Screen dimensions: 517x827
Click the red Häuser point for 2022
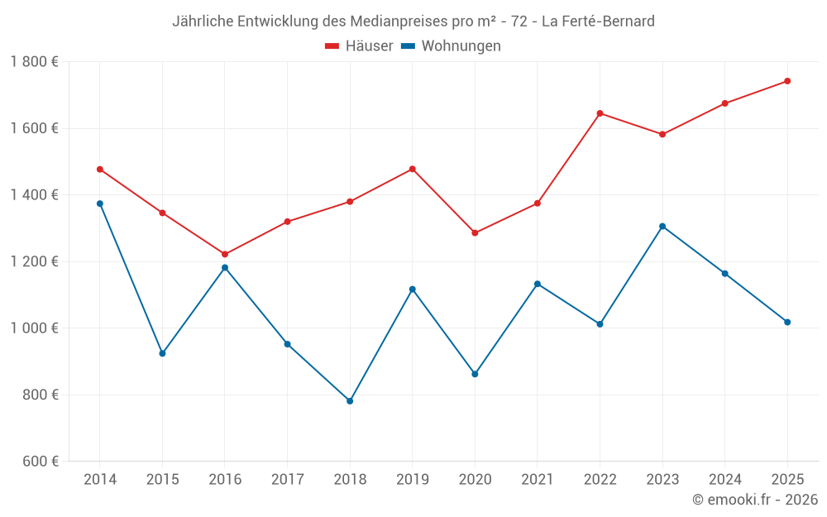pyautogui.click(x=600, y=113)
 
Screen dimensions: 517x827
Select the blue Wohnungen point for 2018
pyautogui.click(x=350, y=401)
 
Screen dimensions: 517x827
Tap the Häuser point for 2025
pyautogui.click(x=787, y=81)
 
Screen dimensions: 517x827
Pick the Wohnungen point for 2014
pyautogui.click(x=100, y=203)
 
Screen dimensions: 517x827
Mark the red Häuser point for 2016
pyautogui.click(x=225, y=254)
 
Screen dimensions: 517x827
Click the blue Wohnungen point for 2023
pyautogui.click(x=662, y=226)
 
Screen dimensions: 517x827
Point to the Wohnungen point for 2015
pyautogui.click(x=162, y=353)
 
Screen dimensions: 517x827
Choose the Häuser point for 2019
pyautogui.click(x=413, y=169)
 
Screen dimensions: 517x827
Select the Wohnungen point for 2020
pyautogui.click(x=475, y=374)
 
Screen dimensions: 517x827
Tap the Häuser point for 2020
pyautogui.click(x=475, y=233)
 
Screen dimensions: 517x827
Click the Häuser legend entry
pyautogui.click(x=359, y=46)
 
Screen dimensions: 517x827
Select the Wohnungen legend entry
pyautogui.click(x=451, y=46)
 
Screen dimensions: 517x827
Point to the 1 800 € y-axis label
pyautogui.click(x=34, y=62)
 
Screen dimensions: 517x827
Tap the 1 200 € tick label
pyautogui.click(x=34, y=261)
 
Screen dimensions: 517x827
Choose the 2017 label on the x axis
pyautogui.click(x=287, y=480)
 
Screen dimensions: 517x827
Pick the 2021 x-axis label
pyautogui.click(x=538, y=480)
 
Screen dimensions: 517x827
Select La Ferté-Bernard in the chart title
pyautogui.click(x=598, y=22)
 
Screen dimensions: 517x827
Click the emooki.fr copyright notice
pyautogui.click(x=754, y=500)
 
